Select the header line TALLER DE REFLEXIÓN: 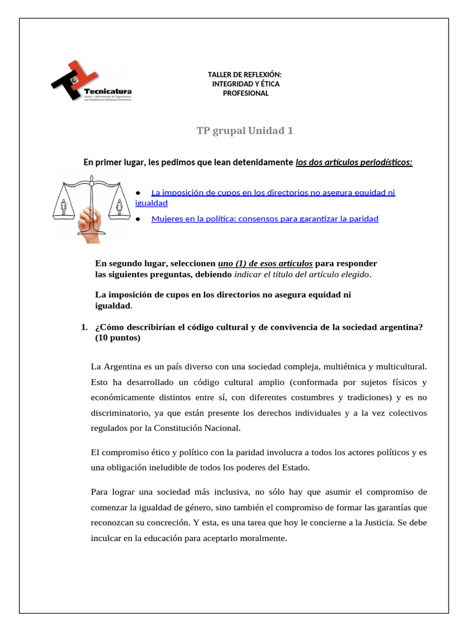pyautogui.click(x=244, y=74)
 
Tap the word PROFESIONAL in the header pyautogui.click(x=245, y=93)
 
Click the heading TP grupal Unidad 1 pyautogui.click(x=244, y=131)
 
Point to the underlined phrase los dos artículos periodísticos pyautogui.click(x=353, y=162)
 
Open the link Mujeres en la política pyautogui.click(x=264, y=218)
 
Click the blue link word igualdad pyautogui.click(x=151, y=203)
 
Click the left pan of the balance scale pyautogui.click(x=64, y=207)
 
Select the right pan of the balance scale pyautogui.click(x=119, y=207)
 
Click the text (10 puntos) pyautogui.click(x=118, y=338)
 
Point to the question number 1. pyautogui.click(x=83, y=327)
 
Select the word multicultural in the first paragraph pyautogui.click(x=395, y=367)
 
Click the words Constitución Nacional pyautogui.click(x=197, y=428)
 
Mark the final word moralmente pyautogui.click(x=260, y=538)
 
